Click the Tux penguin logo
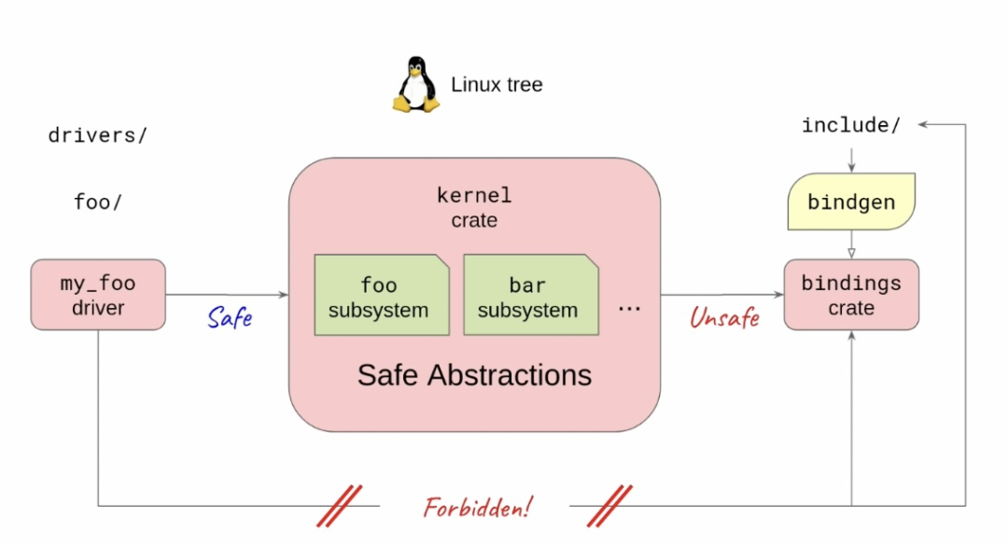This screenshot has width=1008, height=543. [x=415, y=85]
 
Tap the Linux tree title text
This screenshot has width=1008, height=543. [x=497, y=85]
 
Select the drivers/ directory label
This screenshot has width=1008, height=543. [x=98, y=135]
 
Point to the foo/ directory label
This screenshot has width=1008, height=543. [x=98, y=202]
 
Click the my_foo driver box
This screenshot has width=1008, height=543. [x=98, y=295]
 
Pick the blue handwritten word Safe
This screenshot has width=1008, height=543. [x=230, y=318]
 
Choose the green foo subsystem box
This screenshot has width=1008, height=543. [x=378, y=295]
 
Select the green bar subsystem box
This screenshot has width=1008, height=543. [x=527, y=295]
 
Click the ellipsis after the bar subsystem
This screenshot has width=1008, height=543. [x=630, y=306]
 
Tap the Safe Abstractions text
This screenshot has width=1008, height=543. [x=474, y=375]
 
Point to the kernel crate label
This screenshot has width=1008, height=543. [x=474, y=207]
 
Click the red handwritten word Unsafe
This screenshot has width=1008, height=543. [x=724, y=318]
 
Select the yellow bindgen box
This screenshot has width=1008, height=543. [x=850, y=202]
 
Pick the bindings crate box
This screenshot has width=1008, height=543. [x=851, y=295]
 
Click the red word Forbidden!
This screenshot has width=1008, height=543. [x=477, y=508]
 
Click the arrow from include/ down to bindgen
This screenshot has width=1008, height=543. [x=851, y=157]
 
